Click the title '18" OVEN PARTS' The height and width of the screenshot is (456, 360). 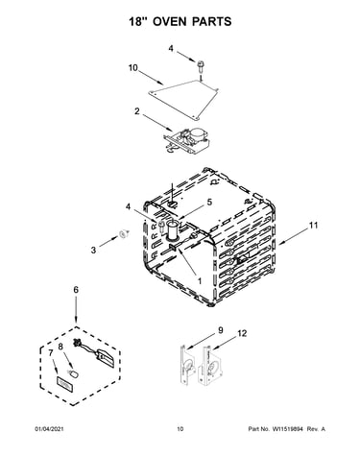pyautogui.click(x=180, y=21)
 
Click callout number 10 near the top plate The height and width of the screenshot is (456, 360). pyautogui.click(x=133, y=68)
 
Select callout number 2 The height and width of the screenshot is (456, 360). pyautogui.click(x=137, y=111)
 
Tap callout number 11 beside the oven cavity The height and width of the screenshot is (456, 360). pyautogui.click(x=313, y=226)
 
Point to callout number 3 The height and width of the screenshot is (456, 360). pyautogui.click(x=93, y=250)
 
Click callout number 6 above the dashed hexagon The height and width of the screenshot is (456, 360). pyautogui.click(x=76, y=290)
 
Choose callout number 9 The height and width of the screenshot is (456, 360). pyautogui.click(x=221, y=330)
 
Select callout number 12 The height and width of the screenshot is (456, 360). pyautogui.click(x=242, y=333)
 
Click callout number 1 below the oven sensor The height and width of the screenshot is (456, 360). pyautogui.click(x=200, y=281)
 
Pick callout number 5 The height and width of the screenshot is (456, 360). pyautogui.click(x=209, y=203)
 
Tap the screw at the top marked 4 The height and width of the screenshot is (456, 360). pyautogui.click(x=201, y=66)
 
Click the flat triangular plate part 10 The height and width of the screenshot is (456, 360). pyautogui.click(x=183, y=99)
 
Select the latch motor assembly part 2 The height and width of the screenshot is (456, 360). pyautogui.click(x=186, y=140)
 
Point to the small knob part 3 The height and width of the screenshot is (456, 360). pyautogui.click(x=123, y=234)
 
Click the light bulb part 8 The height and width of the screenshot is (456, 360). pyautogui.click(x=73, y=374)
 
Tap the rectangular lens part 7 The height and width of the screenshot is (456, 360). pyautogui.click(x=65, y=384)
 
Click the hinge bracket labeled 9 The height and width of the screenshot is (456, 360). pyautogui.click(x=187, y=365)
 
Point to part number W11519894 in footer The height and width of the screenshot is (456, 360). pyautogui.click(x=287, y=429)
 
